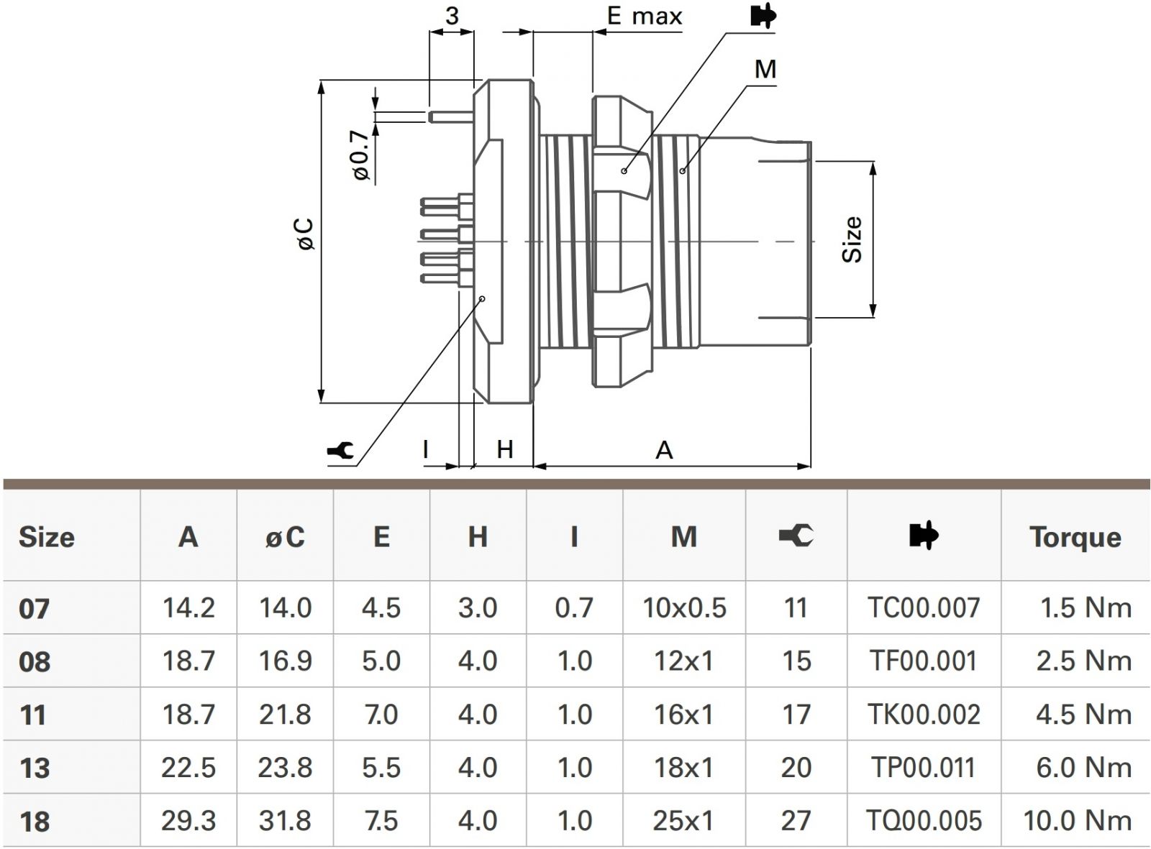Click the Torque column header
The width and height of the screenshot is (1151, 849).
pyautogui.click(x=1075, y=537)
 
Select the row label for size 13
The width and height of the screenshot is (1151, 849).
pyautogui.click(x=35, y=768)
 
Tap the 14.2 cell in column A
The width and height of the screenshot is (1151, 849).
pyautogui.click(x=188, y=608)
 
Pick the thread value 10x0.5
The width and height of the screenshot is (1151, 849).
pyautogui.click(x=684, y=608)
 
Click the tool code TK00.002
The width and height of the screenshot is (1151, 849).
pyautogui.click(x=924, y=715)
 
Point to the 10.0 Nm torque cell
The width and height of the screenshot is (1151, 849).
pyautogui.click(x=1077, y=820)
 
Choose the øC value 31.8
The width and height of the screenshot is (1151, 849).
pyautogui.click(x=285, y=820)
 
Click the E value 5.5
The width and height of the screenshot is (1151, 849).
pyautogui.click(x=381, y=768)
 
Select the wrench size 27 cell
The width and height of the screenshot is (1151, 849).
pyautogui.click(x=796, y=820)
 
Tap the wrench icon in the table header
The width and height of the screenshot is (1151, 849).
pyautogui.click(x=796, y=536)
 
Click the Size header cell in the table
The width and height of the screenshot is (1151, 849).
pyautogui.click(x=47, y=537)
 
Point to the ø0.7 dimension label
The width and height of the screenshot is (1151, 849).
pyautogui.click(x=361, y=155)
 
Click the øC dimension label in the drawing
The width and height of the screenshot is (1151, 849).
pyautogui.click(x=305, y=234)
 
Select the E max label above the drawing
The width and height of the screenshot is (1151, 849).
pyautogui.click(x=644, y=16)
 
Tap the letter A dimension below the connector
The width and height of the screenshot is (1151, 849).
pyautogui.click(x=664, y=451)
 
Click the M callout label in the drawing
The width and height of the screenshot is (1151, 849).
pyautogui.click(x=765, y=69)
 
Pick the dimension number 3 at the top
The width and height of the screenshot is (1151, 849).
pyautogui.click(x=452, y=16)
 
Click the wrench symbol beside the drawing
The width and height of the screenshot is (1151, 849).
pyautogui.click(x=340, y=451)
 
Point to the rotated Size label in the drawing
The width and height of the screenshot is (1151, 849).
pyautogui.click(x=852, y=239)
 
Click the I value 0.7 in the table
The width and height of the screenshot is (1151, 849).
pyautogui.click(x=574, y=608)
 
